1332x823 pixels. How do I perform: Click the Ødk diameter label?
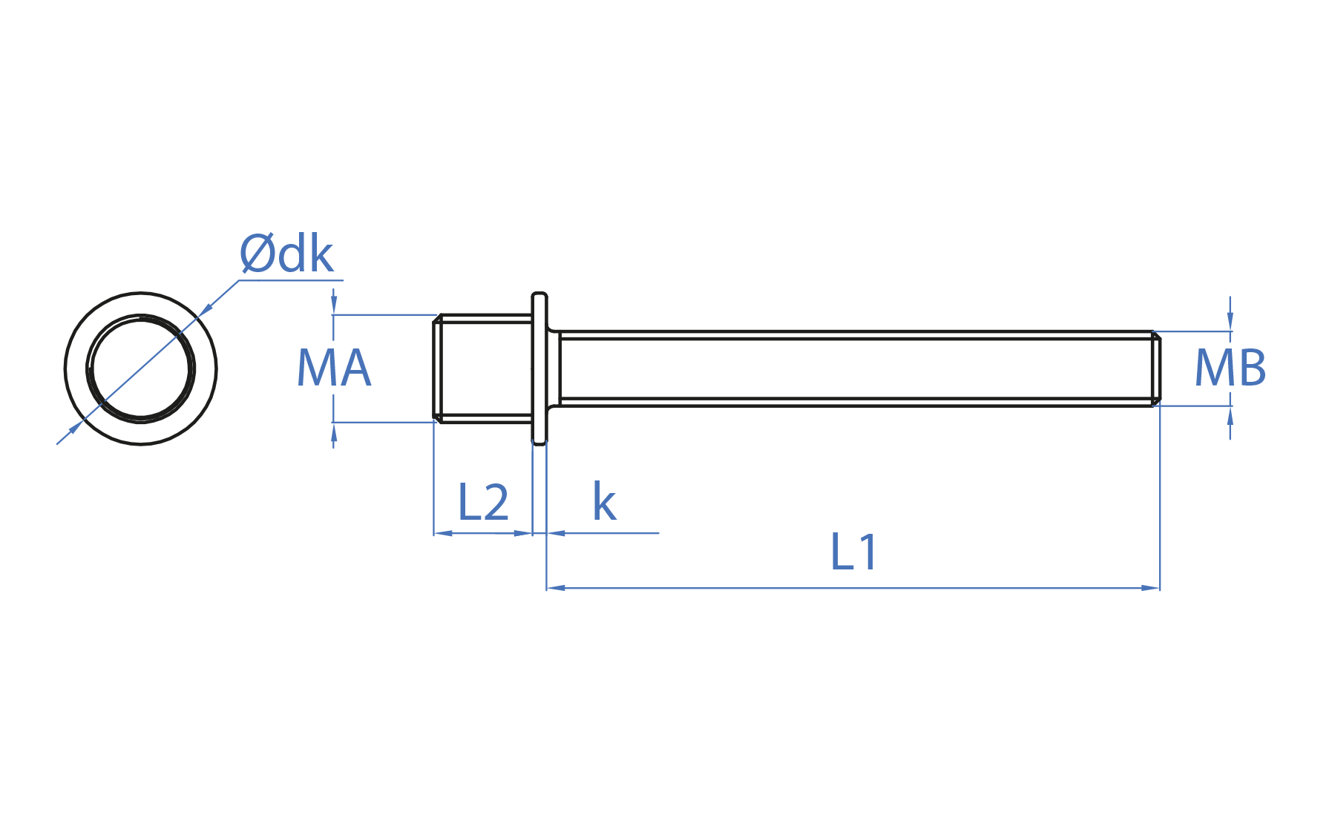pos(286,254)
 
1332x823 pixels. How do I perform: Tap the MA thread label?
pos(334,368)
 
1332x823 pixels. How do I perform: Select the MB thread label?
pos(1230,368)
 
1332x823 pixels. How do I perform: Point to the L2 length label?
pos(483,503)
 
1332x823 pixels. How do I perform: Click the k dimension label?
pos(604,502)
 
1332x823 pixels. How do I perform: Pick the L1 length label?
pos(854,552)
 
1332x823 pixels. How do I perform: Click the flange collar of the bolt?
pos(539,368)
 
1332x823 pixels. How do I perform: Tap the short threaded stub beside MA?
pos(483,368)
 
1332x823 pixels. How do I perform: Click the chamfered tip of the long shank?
pos(1156,368)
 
